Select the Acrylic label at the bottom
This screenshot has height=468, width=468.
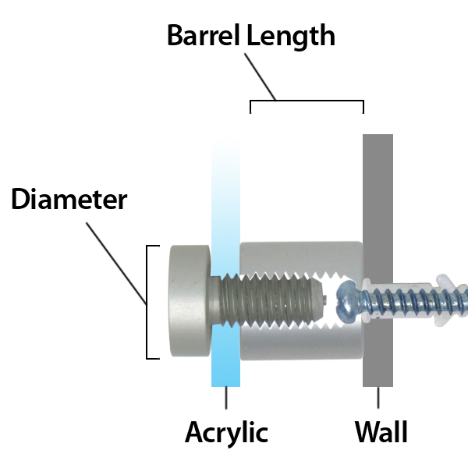(x=226, y=431)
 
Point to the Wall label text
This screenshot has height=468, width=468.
(x=381, y=431)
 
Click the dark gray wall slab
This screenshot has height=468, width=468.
(x=378, y=195)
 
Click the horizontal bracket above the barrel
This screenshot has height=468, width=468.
(x=307, y=101)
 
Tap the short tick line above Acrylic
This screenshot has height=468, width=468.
(x=226, y=398)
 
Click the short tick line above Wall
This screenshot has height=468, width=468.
(x=378, y=398)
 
